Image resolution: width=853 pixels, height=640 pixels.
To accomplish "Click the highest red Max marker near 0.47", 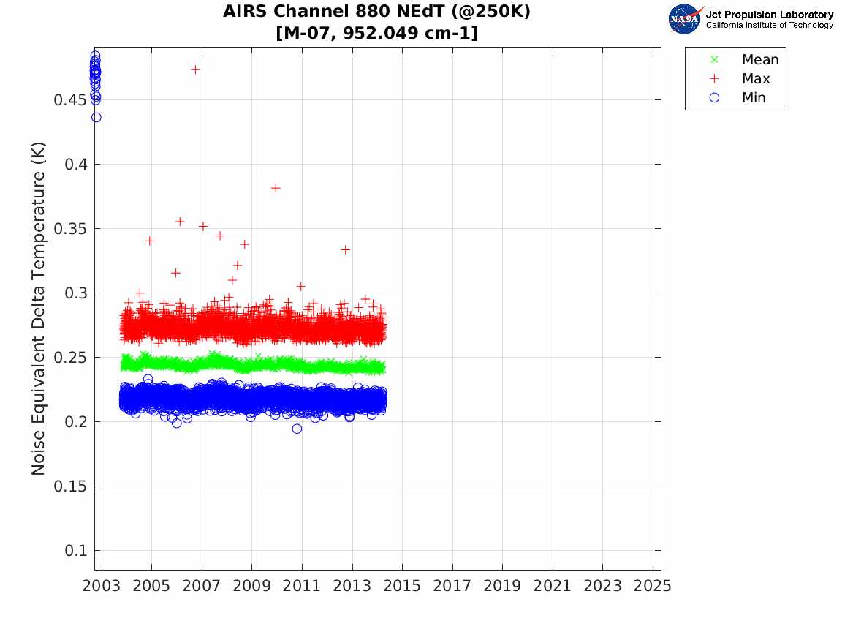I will pos(195,69).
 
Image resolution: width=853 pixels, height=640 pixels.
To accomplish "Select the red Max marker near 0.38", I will pos(276,188).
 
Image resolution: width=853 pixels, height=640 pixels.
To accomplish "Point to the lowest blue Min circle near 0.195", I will pos(297,429).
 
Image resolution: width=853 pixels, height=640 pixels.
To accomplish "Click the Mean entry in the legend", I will pos(759,60).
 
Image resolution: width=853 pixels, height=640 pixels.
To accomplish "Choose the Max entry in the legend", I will pos(755,79).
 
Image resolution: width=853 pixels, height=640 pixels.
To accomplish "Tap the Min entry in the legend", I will pos(754,98).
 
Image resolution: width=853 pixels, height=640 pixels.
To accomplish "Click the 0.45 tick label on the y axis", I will pos(70,100).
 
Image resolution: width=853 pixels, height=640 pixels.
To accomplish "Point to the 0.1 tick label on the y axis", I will pos(76,551).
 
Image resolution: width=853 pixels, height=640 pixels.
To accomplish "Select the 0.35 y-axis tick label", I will pos(70,229).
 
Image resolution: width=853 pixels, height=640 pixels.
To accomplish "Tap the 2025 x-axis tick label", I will pos(653,586).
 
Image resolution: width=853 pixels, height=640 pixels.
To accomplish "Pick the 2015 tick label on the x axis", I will pos(402,586).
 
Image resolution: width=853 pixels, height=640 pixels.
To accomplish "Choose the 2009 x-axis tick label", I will pos(252,586).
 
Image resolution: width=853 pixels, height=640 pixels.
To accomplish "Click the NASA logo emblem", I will pos(684,19).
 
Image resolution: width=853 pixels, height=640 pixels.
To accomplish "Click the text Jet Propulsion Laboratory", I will pos(769,15).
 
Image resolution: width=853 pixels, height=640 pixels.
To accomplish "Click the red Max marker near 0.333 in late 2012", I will pos(345,249).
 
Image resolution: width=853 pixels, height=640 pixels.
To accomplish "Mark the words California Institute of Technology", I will pos(769,26).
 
